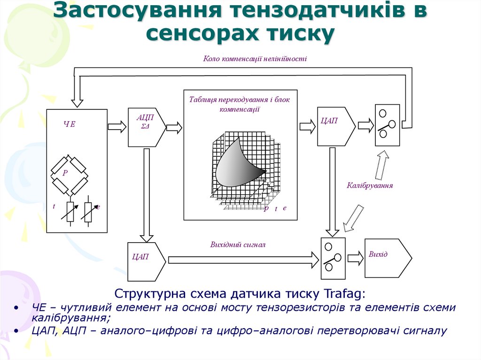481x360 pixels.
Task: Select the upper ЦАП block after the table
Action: coord(334,126)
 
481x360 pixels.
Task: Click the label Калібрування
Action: coord(370,185)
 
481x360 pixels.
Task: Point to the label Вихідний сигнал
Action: coord(238,245)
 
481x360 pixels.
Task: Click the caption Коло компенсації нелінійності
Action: coord(255,59)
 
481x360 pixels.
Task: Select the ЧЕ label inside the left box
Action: coord(70,124)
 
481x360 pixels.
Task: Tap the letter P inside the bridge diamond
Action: coord(65,173)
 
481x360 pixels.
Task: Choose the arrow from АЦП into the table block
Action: coord(174,126)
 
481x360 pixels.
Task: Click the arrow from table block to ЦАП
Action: coord(308,126)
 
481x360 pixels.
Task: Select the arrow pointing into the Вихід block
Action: coord(355,257)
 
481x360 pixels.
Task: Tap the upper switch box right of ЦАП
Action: coord(387,125)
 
